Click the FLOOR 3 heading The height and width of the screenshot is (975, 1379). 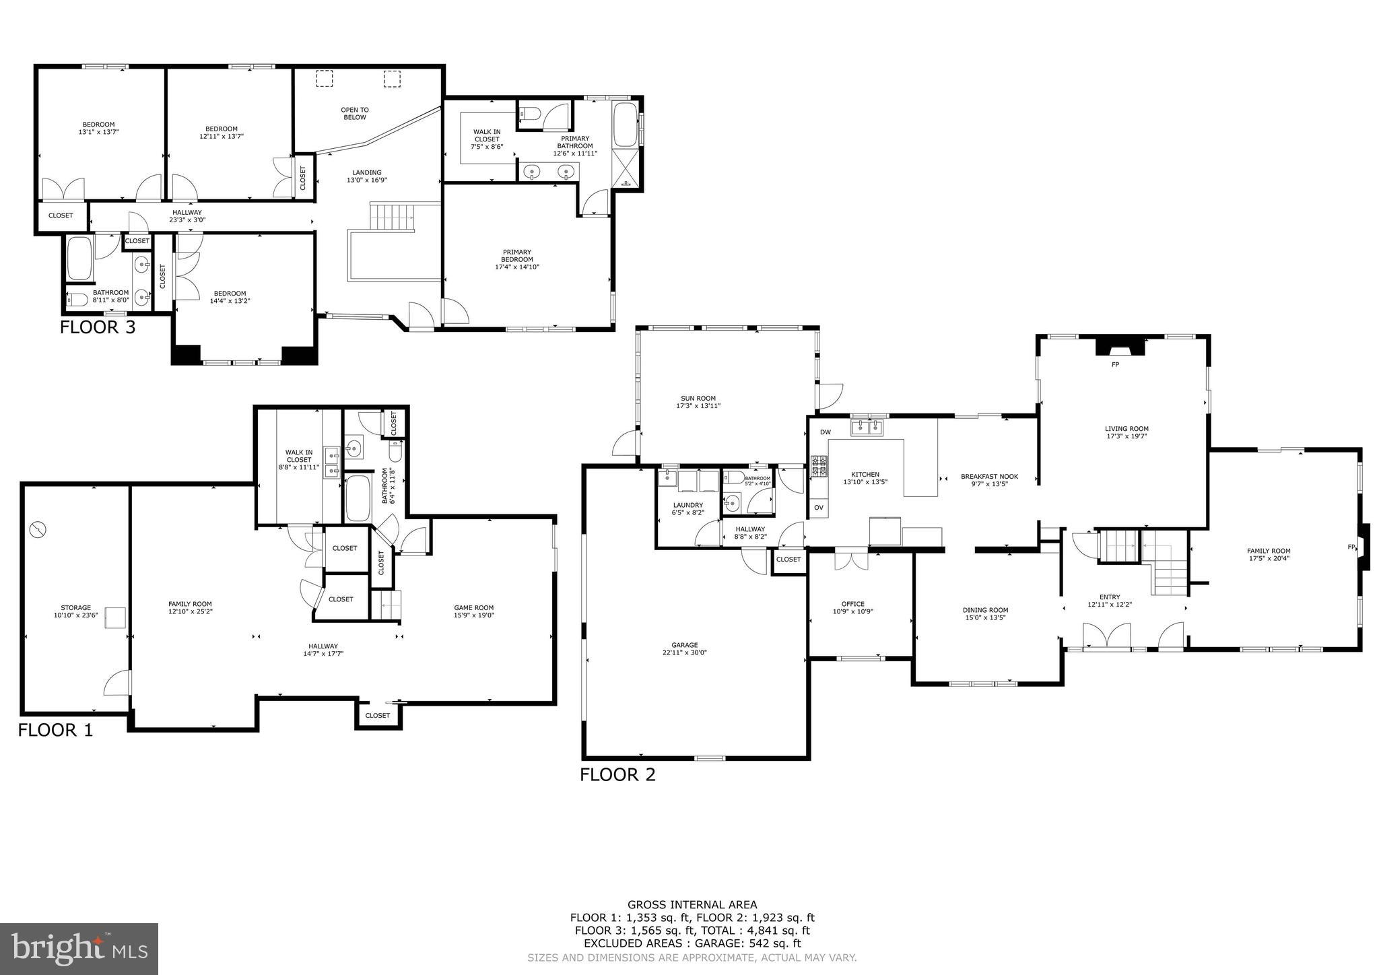[x=98, y=328]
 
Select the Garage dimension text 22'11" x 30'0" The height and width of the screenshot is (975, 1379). [x=684, y=652]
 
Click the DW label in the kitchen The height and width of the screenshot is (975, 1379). [x=825, y=432]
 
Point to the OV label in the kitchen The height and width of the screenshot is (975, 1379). [x=819, y=507]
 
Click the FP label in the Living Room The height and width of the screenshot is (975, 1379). [x=1115, y=364]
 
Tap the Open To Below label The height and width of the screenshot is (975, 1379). [x=355, y=113]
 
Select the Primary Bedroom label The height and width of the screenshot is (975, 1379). [x=516, y=256]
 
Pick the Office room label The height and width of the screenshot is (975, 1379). [x=852, y=604]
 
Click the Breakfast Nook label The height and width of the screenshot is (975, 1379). [x=989, y=476]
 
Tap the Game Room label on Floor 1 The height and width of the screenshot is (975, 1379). [x=473, y=607]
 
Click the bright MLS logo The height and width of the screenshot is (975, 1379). [x=79, y=949]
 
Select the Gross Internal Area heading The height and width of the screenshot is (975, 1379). [x=692, y=905]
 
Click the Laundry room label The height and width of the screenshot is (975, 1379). [x=687, y=505]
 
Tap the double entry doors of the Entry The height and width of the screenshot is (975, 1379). [x=1106, y=636]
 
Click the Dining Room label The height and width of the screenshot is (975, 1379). [x=985, y=610]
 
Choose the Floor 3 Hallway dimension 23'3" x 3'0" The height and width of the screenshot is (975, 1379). [x=188, y=220]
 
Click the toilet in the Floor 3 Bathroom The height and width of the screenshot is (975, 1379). [x=78, y=300]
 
